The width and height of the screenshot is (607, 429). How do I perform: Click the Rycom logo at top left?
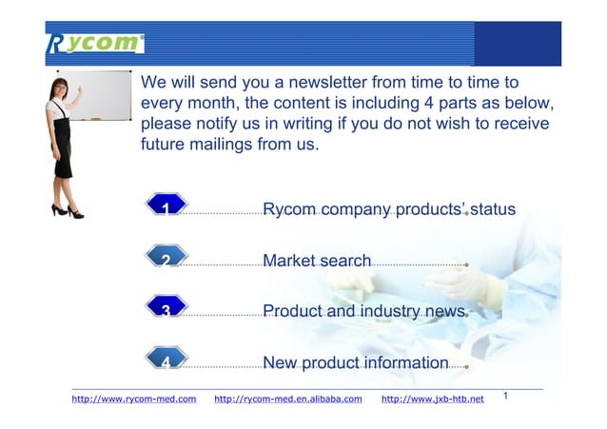[94, 43]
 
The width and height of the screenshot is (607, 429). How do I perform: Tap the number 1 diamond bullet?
[166, 206]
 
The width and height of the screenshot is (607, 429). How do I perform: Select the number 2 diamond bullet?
[166, 259]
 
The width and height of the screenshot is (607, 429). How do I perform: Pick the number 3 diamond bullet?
[166, 309]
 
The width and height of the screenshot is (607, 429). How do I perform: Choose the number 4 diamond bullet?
[166, 361]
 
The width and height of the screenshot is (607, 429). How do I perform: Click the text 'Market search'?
[316, 260]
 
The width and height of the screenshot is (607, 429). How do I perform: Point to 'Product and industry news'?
[363, 311]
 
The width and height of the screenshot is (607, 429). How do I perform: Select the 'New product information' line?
[355, 362]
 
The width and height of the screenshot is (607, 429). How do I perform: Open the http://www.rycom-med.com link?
[134, 399]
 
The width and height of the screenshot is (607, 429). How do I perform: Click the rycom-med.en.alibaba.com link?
[288, 399]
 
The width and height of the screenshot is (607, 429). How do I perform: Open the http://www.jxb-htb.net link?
[432, 399]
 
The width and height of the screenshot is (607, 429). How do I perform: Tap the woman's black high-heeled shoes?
[67, 210]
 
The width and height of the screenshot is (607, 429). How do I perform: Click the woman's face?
[60, 91]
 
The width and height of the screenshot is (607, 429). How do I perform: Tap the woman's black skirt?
[62, 152]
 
